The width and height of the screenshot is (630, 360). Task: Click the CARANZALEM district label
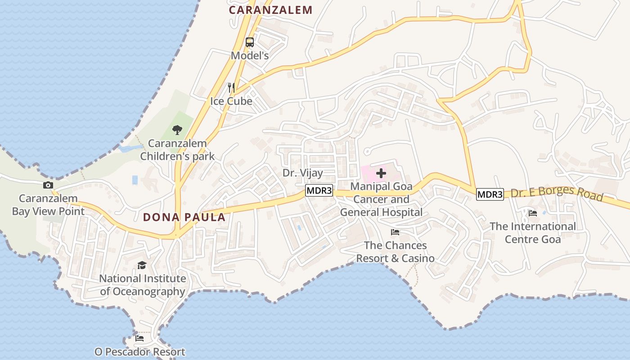pyautogui.click(x=270, y=10)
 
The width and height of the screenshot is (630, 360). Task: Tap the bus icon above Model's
pyautogui.click(x=250, y=42)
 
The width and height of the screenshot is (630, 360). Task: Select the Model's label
pyautogui.click(x=250, y=55)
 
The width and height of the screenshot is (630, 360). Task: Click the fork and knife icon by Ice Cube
pyautogui.click(x=231, y=87)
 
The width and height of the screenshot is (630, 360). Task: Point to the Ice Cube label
pyautogui.click(x=231, y=101)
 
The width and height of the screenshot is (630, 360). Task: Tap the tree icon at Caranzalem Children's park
pyautogui.click(x=177, y=130)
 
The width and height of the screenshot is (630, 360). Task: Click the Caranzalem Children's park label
pyautogui.click(x=177, y=150)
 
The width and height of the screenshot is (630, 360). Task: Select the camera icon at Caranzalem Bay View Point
pyautogui.click(x=48, y=185)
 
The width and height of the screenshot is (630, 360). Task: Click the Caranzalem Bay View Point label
pyautogui.click(x=48, y=205)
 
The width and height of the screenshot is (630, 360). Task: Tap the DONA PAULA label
pyautogui.click(x=184, y=217)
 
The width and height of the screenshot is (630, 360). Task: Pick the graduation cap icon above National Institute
pyautogui.click(x=142, y=265)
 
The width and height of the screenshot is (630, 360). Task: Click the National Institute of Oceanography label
pyautogui.click(x=142, y=285)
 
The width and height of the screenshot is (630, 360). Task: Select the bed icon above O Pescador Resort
pyautogui.click(x=139, y=338)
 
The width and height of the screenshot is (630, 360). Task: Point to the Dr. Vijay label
pyautogui.click(x=303, y=173)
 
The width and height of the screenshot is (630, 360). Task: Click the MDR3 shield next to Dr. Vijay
pyautogui.click(x=319, y=191)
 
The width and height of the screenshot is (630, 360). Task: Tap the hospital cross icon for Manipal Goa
pyautogui.click(x=381, y=173)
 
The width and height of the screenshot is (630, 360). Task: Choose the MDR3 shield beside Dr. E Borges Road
pyautogui.click(x=490, y=194)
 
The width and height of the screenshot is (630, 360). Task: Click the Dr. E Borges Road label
pyautogui.click(x=557, y=193)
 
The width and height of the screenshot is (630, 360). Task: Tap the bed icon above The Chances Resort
pyautogui.click(x=395, y=232)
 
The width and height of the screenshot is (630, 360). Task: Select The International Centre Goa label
pyautogui.click(x=533, y=233)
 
